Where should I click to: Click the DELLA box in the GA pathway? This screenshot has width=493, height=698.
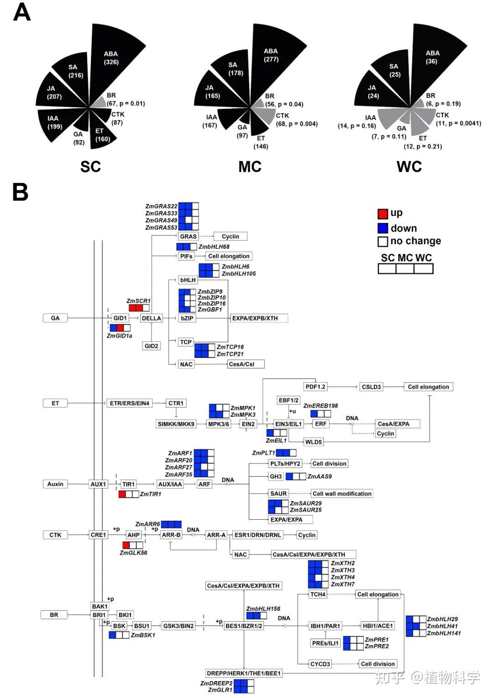[x=152, y=318]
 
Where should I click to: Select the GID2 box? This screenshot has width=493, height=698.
[x=152, y=346]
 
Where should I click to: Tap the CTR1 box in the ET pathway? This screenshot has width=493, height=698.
[x=176, y=403]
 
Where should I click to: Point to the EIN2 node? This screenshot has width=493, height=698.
[x=248, y=424]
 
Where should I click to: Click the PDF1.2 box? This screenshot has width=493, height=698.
[x=315, y=387]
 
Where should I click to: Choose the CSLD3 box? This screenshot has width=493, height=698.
[x=371, y=387]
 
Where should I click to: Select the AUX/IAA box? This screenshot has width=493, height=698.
[x=170, y=484]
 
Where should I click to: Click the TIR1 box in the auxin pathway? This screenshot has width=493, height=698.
[x=129, y=484]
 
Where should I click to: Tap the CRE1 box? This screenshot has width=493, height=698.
[x=98, y=535]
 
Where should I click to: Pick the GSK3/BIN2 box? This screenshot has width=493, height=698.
[x=178, y=626]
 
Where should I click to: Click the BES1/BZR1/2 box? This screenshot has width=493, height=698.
[x=244, y=626]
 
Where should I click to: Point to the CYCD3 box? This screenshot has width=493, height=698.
[x=320, y=664]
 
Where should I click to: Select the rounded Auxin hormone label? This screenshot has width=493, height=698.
[x=55, y=484]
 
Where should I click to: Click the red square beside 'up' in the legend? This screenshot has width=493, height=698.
[x=383, y=213]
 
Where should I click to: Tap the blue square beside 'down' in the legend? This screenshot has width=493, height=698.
[x=383, y=228]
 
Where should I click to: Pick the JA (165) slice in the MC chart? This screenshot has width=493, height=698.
[x=210, y=91]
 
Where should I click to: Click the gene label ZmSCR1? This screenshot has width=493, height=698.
[x=138, y=301]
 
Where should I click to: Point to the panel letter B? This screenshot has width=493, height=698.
[x=21, y=192]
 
